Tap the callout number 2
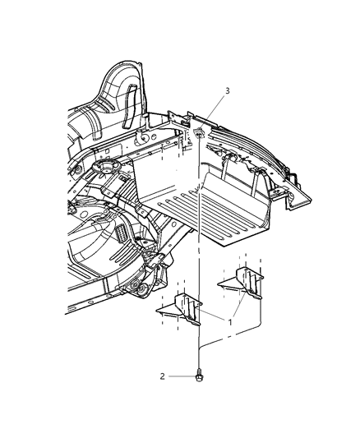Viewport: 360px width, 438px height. coord(163,376)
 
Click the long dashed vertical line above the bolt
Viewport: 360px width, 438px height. coord(200,271)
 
